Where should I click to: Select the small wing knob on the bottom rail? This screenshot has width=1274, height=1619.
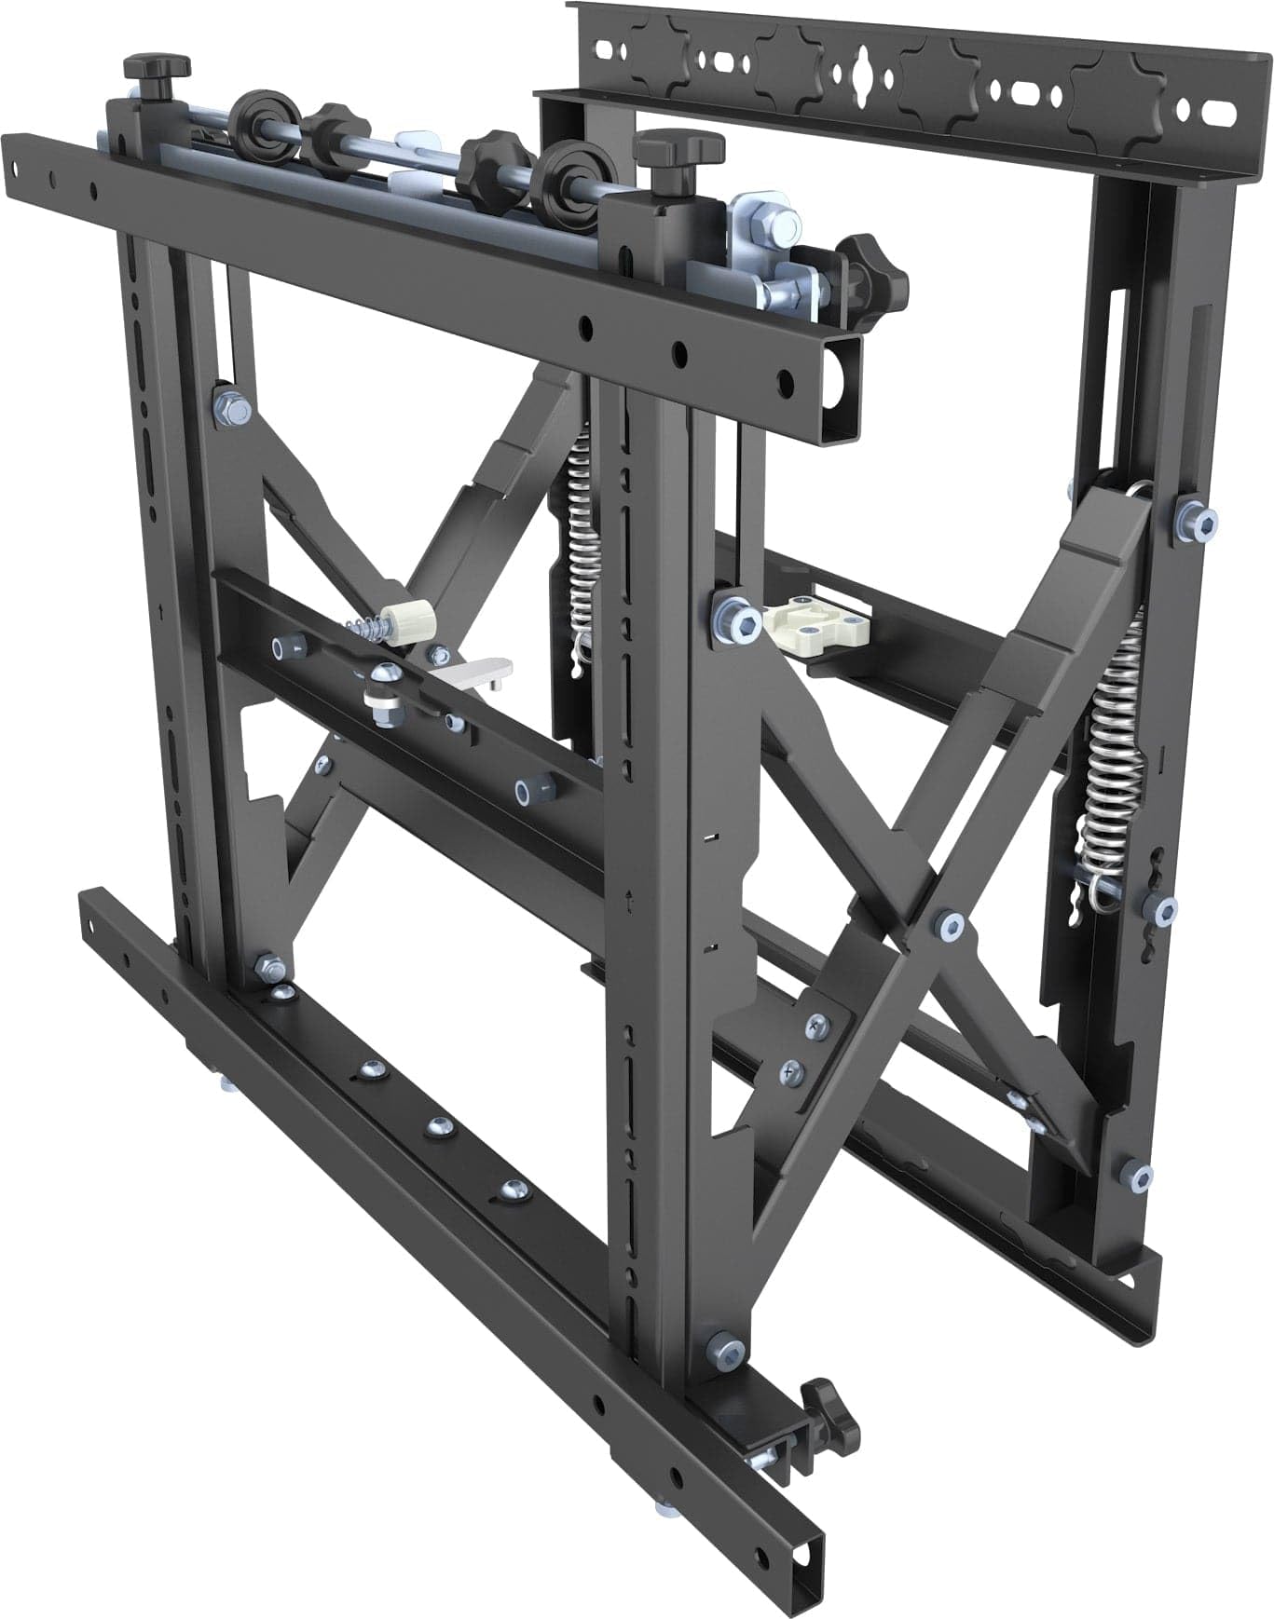click(x=820, y=1398)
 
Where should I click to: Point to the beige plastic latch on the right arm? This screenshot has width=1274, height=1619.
click(x=817, y=619)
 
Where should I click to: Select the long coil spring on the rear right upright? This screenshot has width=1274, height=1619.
click(x=1113, y=745)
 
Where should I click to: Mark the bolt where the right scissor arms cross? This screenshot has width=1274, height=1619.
click(x=950, y=924)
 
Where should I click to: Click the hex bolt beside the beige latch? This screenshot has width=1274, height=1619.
click(x=736, y=614)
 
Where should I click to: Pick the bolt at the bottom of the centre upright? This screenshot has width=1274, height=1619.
click(x=724, y=1347)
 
